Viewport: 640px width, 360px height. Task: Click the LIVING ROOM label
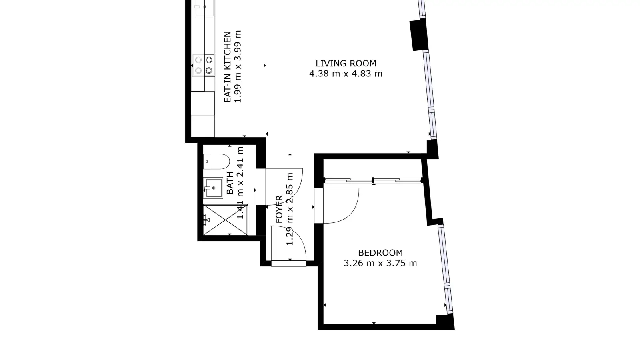coord(346,64)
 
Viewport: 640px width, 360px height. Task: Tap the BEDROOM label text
coord(380,253)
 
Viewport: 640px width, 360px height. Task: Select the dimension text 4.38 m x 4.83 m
coord(346,74)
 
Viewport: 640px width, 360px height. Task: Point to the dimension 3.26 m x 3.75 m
coord(380,263)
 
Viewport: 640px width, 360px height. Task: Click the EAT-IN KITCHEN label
coord(228,67)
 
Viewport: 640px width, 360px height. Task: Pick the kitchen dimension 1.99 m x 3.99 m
coord(238,66)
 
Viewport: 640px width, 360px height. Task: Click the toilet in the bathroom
coord(216,162)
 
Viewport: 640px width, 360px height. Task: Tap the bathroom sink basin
coord(213,188)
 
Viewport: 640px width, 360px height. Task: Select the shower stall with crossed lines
coord(226,220)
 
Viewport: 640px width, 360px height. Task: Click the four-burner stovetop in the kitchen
coord(204,65)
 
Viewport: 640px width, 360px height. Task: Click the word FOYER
coord(279,210)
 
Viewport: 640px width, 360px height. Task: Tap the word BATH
coord(230,183)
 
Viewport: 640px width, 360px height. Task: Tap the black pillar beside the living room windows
coord(419,35)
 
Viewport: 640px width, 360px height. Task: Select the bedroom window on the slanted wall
coord(446,269)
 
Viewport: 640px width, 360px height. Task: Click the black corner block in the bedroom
coord(445,320)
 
